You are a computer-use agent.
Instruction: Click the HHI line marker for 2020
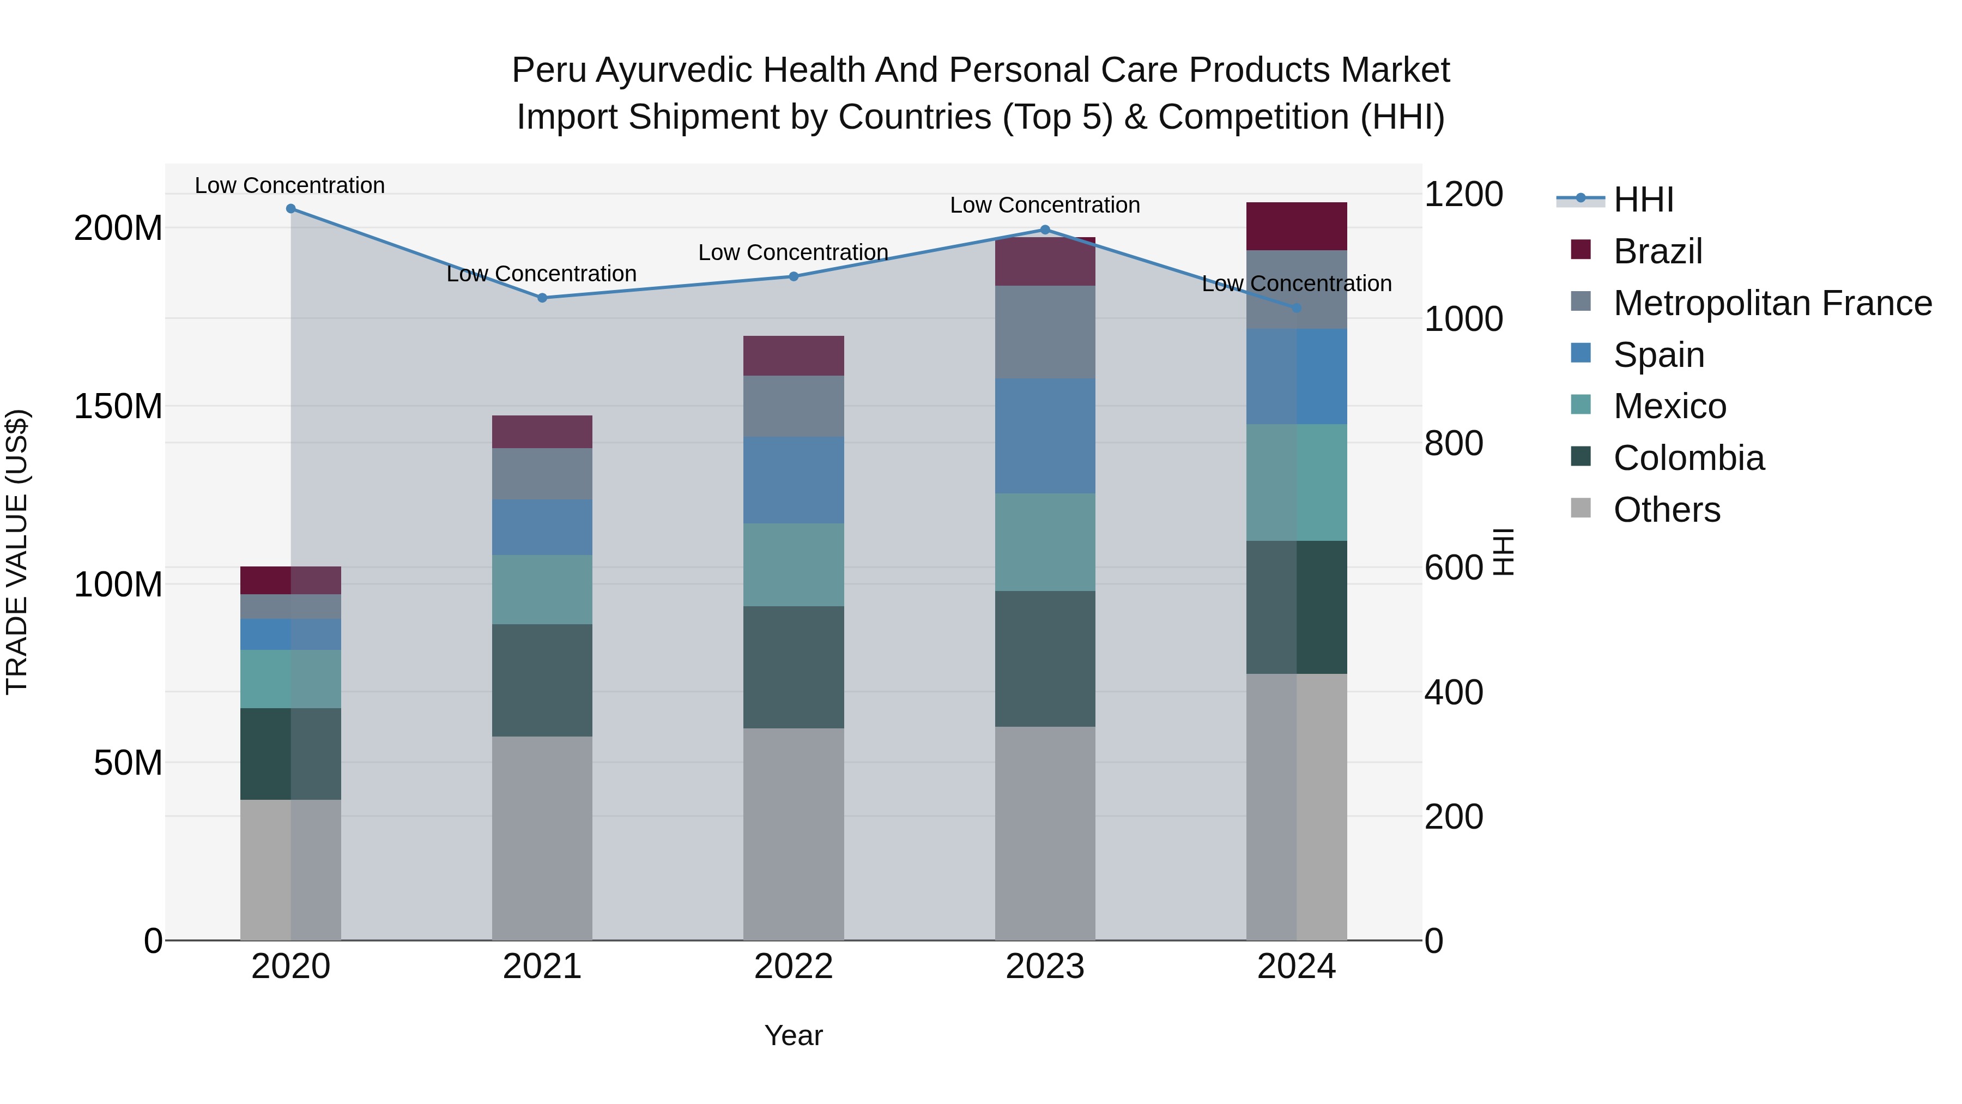[291, 209]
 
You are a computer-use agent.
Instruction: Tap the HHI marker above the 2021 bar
[542, 298]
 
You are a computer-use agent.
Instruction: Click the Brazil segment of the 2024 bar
[1297, 226]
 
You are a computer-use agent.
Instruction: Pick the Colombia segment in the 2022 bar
[794, 667]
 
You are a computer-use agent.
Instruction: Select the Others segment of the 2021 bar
[542, 838]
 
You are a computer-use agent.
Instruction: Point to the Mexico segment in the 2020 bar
[291, 679]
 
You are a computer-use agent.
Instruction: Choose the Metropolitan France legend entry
[1772, 303]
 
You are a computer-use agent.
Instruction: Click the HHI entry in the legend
[1643, 200]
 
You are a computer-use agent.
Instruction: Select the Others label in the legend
[1667, 510]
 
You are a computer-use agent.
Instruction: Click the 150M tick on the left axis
[118, 406]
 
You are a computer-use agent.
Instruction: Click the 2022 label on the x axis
[794, 967]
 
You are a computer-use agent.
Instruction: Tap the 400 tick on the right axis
[1453, 692]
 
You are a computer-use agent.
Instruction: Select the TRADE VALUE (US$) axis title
[17, 552]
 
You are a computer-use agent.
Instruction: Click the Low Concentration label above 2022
[794, 252]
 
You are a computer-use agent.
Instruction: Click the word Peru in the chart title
[548, 70]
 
